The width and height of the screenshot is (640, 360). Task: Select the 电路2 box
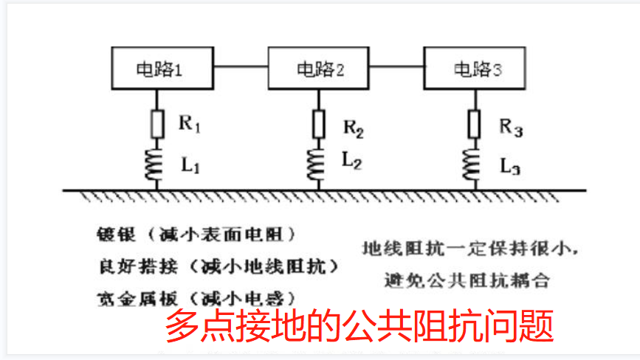click(x=319, y=68)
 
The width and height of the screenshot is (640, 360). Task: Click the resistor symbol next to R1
click(x=157, y=123)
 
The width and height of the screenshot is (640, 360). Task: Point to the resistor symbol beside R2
click(x=319, y=123)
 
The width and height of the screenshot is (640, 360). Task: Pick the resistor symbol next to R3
click(x=474, y=123)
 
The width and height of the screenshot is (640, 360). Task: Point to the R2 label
click(x=352, y=127)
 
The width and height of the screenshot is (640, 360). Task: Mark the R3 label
click(x=511, y=127)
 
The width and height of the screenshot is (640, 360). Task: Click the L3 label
click(x=510, y=165)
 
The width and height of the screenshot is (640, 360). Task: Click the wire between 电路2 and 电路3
click(x=396, y=69)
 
